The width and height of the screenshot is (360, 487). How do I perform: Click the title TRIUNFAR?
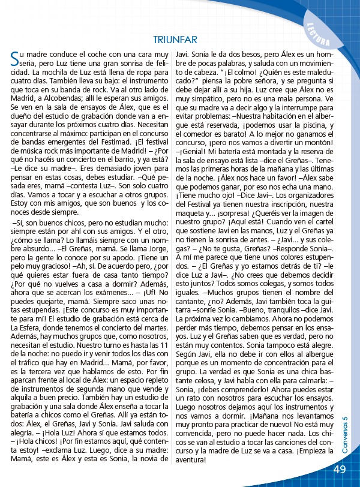[x=175, y=40]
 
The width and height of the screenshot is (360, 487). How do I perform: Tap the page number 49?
[x=340, y=470]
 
